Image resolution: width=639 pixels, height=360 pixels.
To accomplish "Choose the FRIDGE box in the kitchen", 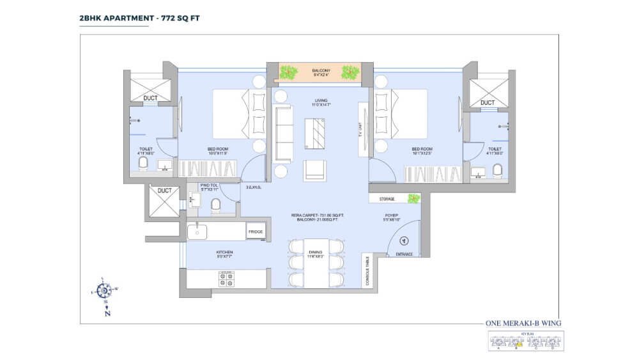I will click(256, 231).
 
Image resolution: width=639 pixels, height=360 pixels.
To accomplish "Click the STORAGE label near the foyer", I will click(387, 199).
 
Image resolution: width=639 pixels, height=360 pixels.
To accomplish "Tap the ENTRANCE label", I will click(404, 254).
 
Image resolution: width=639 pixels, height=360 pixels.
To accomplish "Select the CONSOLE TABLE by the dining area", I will click(367, 270).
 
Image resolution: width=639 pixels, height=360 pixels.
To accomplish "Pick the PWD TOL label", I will click(209, 187).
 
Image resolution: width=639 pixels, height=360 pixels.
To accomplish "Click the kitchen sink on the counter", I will click(197, 231).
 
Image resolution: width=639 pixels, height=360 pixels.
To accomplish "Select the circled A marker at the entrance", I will click(403, 241).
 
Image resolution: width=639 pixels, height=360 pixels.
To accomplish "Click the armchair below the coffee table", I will click(314, 169).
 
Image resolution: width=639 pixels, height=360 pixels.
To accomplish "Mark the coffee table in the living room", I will click(318, 133).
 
